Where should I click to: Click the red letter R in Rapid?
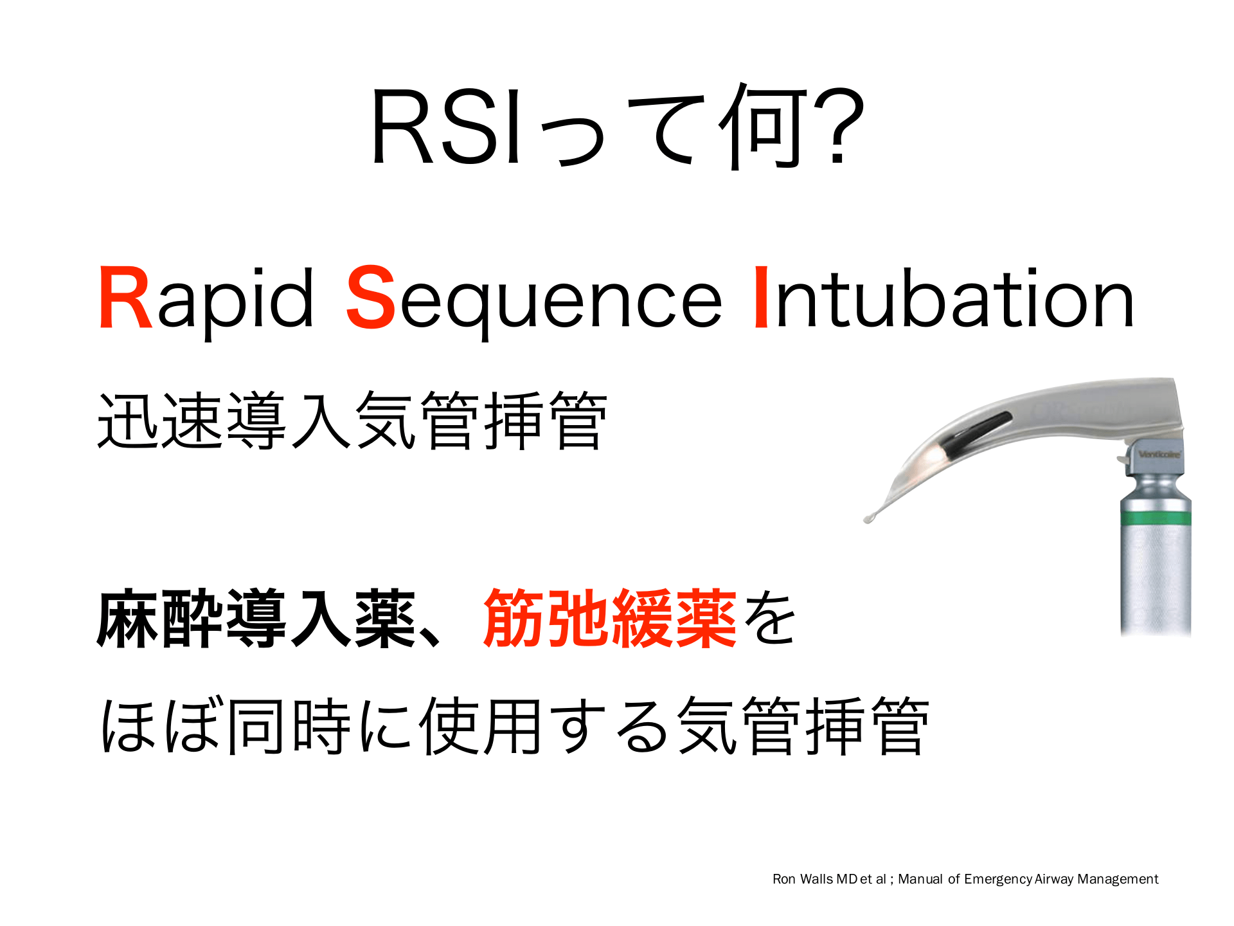(x=125, y=298)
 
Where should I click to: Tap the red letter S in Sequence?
(x=371, y=298)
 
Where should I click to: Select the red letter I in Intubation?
(x=761, y=298)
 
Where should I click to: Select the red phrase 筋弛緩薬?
(x=610, y=618)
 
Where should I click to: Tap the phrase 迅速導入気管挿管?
(x=352, y=421)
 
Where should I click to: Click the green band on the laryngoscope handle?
(x=1156, y=518)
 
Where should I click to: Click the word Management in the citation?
(x=1118, y=880)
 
